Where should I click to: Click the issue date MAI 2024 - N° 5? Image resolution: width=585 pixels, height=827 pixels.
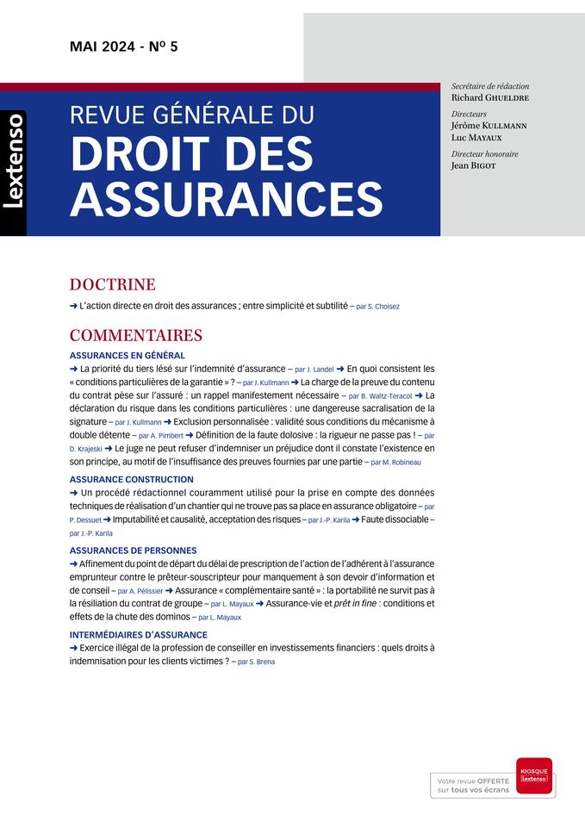[x=124, y=47]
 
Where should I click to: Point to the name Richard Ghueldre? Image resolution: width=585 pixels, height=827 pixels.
[x=489, y=98]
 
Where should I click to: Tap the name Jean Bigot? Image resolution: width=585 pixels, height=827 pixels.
[x=473, y=165]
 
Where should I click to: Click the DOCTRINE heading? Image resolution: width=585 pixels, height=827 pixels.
[x=112, y=284]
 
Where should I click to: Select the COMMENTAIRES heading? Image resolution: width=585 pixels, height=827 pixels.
[x=135, y=335]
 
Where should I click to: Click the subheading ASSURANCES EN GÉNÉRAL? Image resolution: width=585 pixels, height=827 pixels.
[x=127, y=355]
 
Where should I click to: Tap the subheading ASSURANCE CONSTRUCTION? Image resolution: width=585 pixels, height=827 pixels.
[x=131, y=479]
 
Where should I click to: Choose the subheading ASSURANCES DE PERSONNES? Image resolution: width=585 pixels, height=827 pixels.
[x=133, y=550]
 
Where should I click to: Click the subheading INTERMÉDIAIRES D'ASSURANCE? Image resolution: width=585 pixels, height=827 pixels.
[x=138, y=634]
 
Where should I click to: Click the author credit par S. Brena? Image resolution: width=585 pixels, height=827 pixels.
[x=256, y=662]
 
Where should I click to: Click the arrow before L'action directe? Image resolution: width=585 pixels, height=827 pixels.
[x=73, y=305]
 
